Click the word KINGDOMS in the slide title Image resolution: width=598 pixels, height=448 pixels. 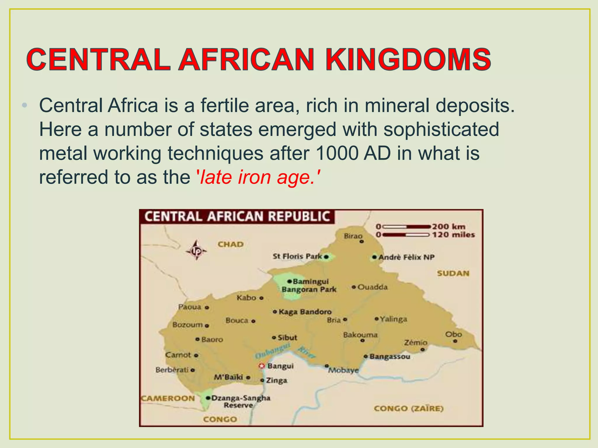click(408, 60)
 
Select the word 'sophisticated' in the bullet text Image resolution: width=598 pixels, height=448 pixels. click(441, 129)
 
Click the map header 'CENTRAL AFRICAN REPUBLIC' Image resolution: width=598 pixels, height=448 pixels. click(237, 217)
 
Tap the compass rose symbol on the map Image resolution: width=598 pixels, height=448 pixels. click(196, 250)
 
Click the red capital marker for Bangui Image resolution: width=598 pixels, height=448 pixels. click(261, 366)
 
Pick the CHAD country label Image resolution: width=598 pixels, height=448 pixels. click(230, 244)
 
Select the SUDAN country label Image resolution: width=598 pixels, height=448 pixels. click(453, 273)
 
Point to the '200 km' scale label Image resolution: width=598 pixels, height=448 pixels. click(448, 226)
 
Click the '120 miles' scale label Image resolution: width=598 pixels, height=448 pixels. click(453, 235)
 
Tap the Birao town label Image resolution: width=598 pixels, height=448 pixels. click(353, 236)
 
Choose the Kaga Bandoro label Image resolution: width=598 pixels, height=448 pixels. click(305, 312)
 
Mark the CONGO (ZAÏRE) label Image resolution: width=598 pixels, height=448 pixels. click(408, 409)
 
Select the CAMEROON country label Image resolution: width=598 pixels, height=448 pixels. click(168, 398)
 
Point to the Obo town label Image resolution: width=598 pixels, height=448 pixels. click(453, 335)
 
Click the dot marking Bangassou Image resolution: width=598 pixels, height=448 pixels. click(366, 356)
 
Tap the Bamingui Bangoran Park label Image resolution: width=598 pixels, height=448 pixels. click(309, 285)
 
